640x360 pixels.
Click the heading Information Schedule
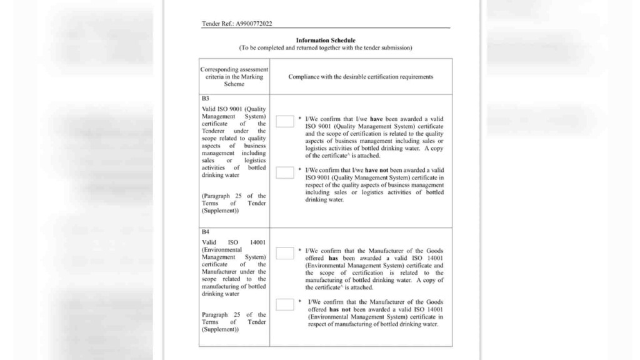325,41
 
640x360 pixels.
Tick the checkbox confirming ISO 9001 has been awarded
284,121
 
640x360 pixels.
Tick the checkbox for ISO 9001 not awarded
284,172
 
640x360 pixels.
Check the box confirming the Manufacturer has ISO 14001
284,253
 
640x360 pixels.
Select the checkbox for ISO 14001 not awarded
284,304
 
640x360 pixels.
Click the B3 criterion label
205,99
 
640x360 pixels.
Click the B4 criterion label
205,232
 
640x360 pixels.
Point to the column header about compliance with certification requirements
361,77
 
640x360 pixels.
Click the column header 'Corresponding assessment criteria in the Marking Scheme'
234,77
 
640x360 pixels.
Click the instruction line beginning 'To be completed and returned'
325,48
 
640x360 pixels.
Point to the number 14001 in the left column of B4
257,242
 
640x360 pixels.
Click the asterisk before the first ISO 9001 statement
300,118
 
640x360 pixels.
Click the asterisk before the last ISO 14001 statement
300,301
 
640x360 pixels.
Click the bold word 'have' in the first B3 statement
376,119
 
